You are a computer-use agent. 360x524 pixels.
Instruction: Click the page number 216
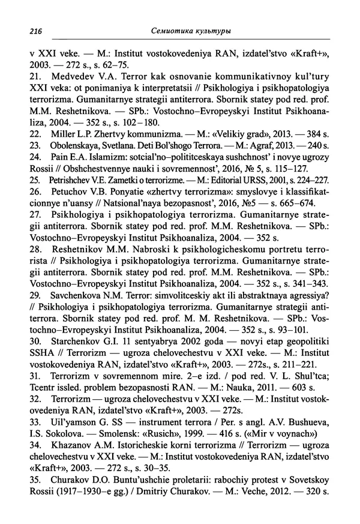[x=37, y=31]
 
